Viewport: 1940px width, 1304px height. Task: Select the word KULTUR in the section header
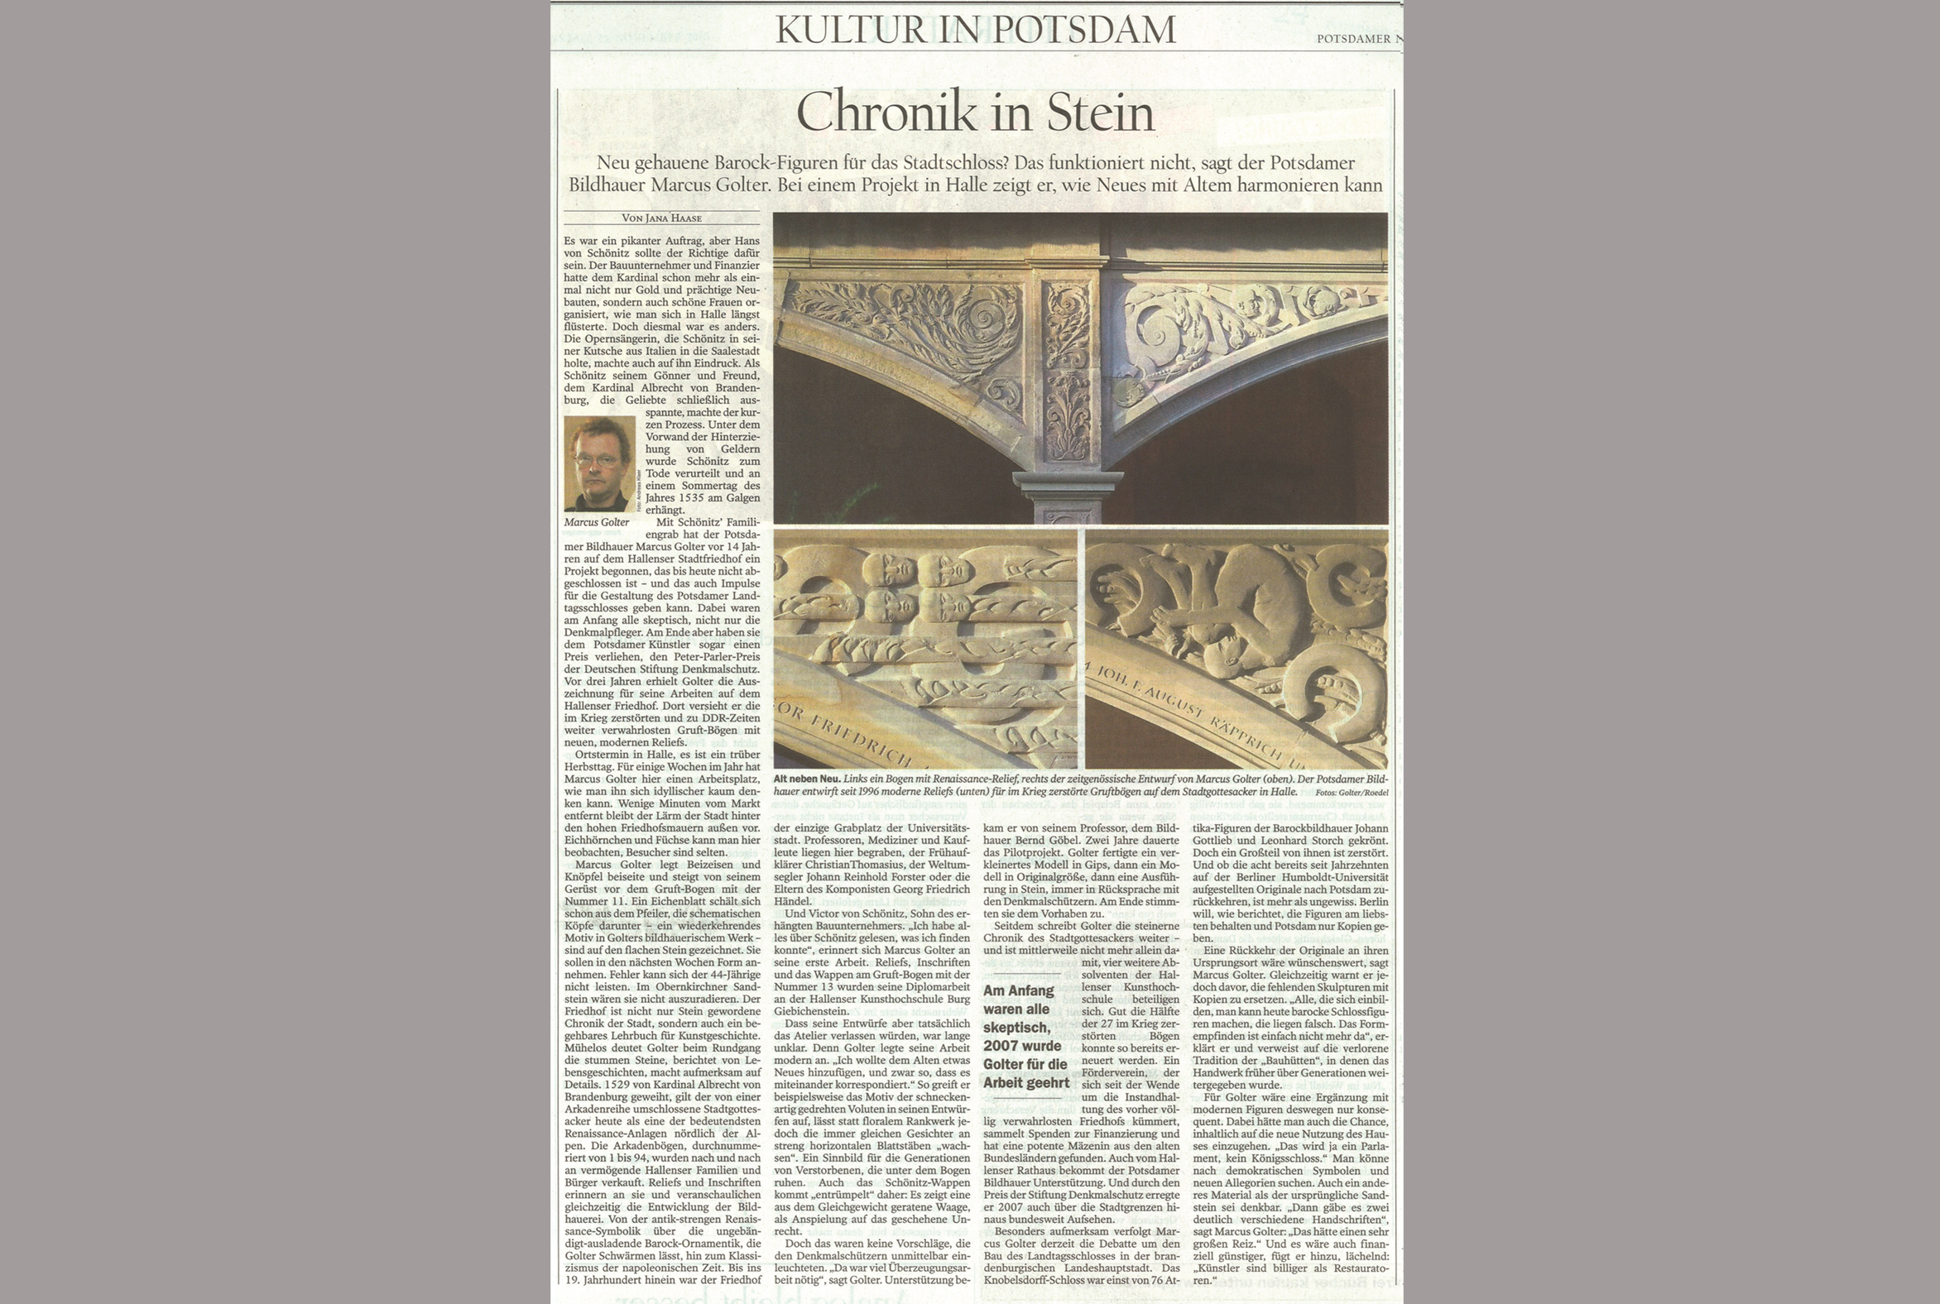pos(841,30)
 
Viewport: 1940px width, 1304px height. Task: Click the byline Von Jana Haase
pos(661,218)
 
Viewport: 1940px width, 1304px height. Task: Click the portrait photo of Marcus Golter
pos(599,463)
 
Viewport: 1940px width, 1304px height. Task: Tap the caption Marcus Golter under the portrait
pos(597,522)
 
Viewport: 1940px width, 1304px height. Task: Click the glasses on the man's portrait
pos(597,460)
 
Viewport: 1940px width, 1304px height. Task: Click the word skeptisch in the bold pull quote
pos(1016,1027)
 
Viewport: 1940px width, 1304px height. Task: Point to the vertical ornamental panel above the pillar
pos(1067,370)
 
